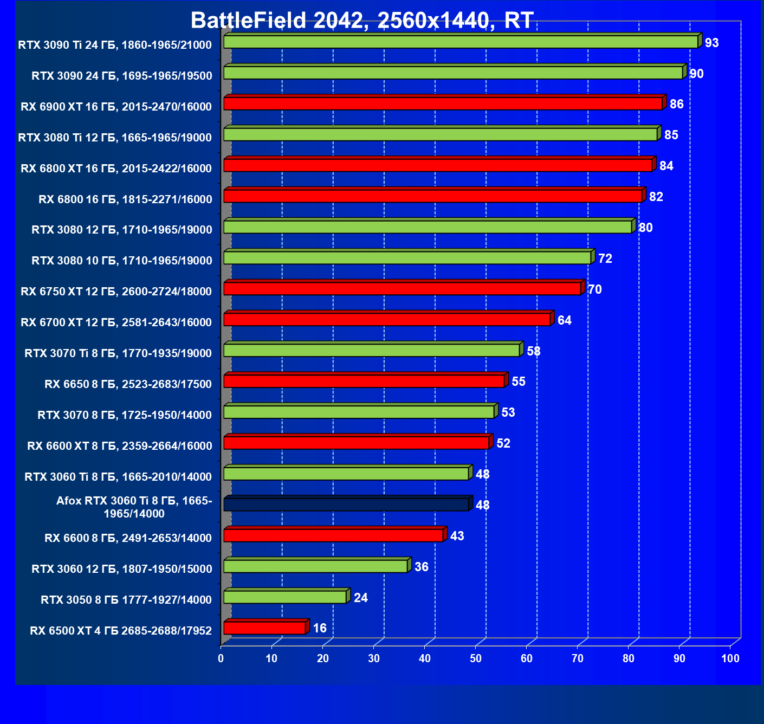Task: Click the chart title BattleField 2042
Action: pos(362,21)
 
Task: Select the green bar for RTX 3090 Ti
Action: pos(461,42)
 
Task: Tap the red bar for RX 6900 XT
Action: pos(443,104)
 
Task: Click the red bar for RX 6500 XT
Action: pos(264,628)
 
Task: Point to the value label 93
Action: pos(711,43)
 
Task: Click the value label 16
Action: pos(320,628)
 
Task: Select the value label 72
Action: pos(605,258)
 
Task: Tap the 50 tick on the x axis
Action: pos(476,658)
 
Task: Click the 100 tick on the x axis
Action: pos(730,658)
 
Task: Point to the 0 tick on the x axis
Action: pos(221,658)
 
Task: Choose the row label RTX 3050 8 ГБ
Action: pos(126,600)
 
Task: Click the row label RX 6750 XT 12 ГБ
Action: pos(116,292)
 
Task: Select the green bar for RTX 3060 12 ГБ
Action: pos(315,566)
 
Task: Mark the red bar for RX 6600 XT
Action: pos(356,443)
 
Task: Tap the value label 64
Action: pos(564,320)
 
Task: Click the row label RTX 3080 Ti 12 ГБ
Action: pos(114,138)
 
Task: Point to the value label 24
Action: pos(360,598)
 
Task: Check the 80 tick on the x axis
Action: pos(629,658)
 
